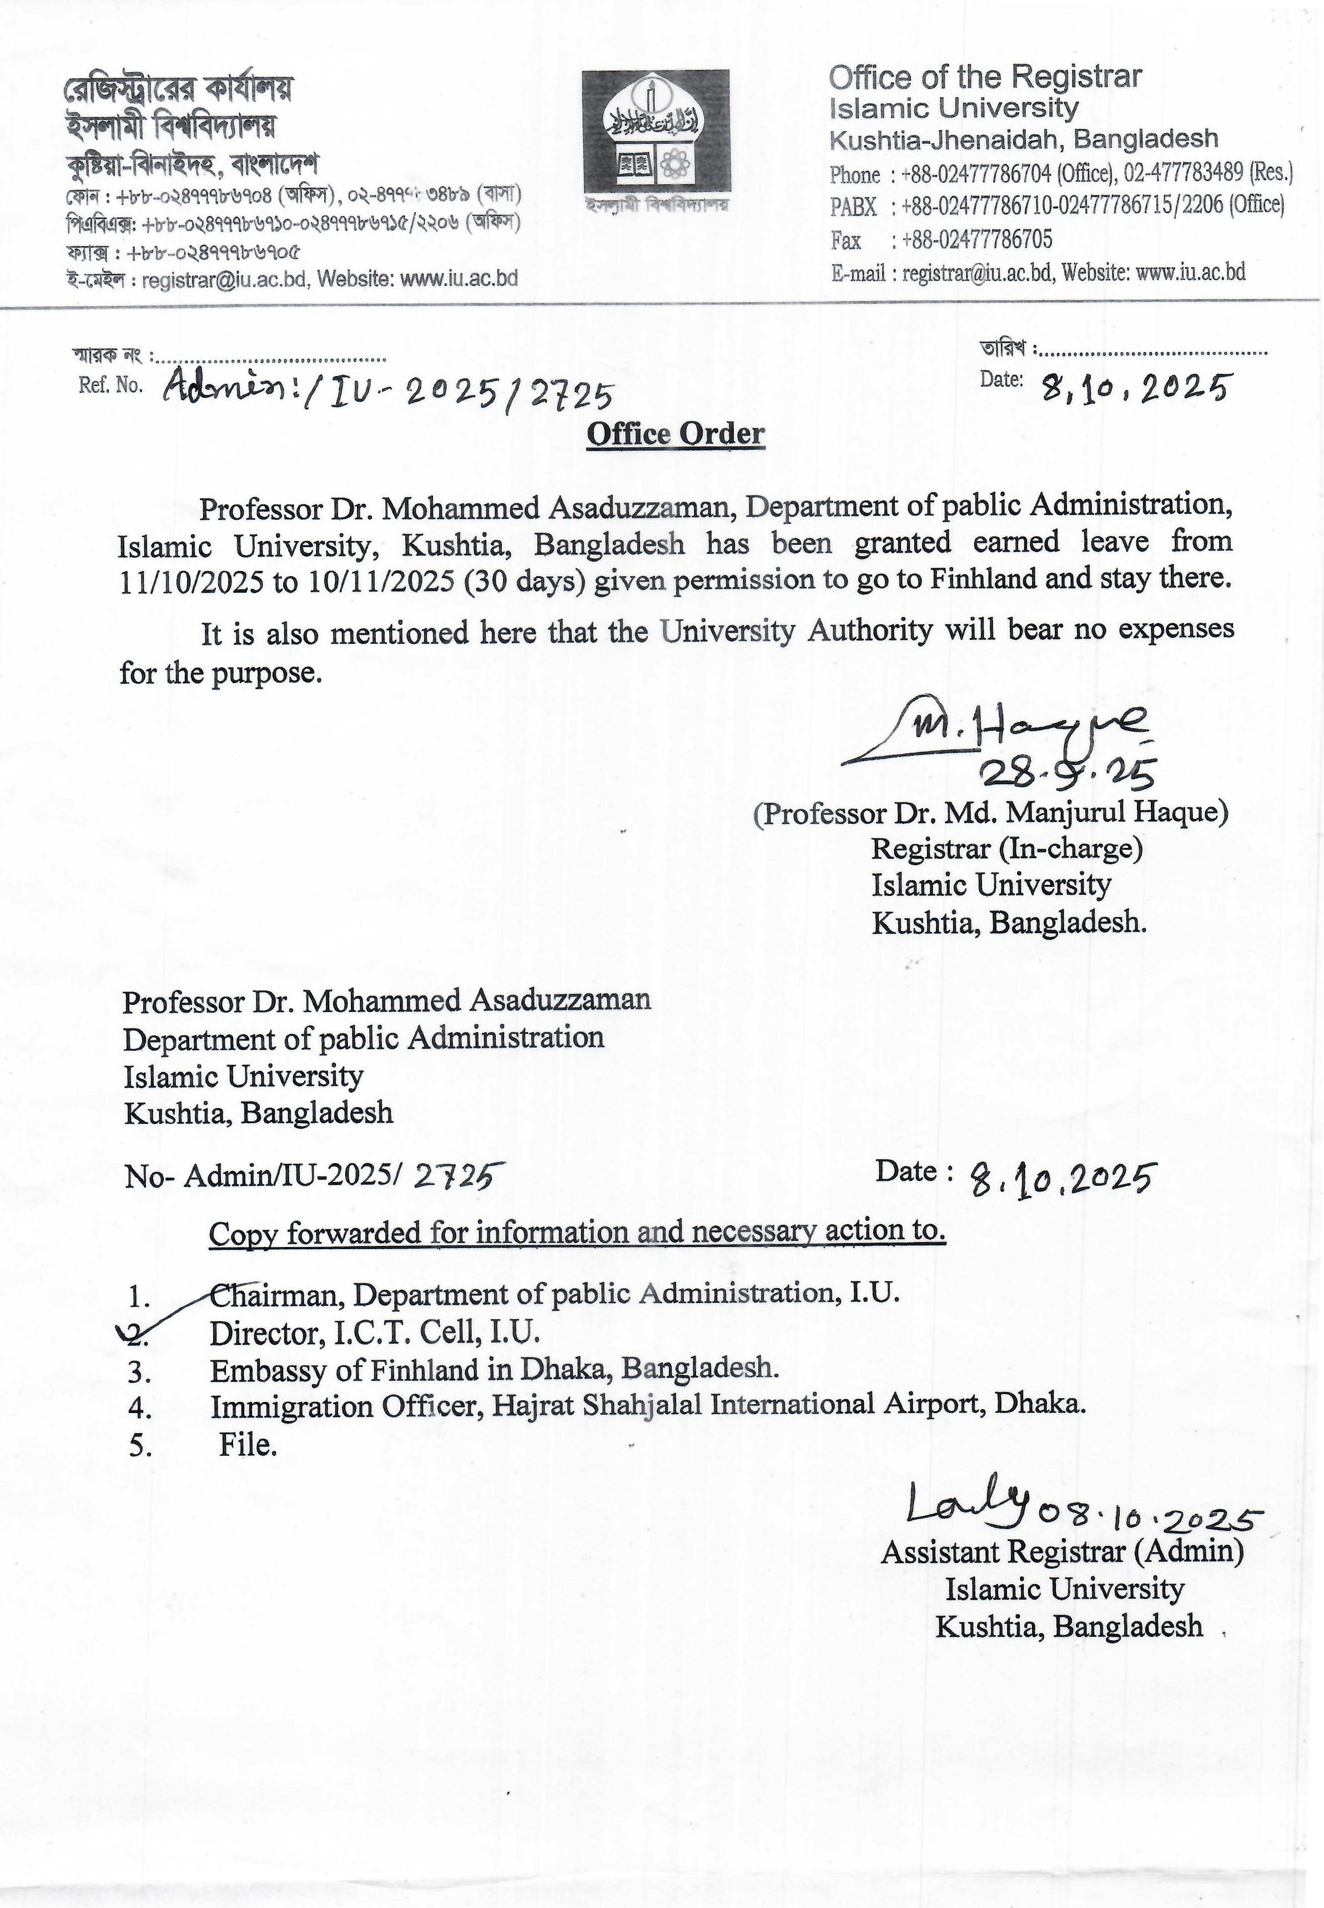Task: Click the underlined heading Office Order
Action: [675, 433]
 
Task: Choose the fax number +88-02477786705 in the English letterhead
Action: [976, 240]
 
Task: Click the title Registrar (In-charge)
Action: [1006, 849]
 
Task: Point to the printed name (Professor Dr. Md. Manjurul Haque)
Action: [990, 813]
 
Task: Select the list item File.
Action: [247, 1445]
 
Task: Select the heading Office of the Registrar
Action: [985, 77]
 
